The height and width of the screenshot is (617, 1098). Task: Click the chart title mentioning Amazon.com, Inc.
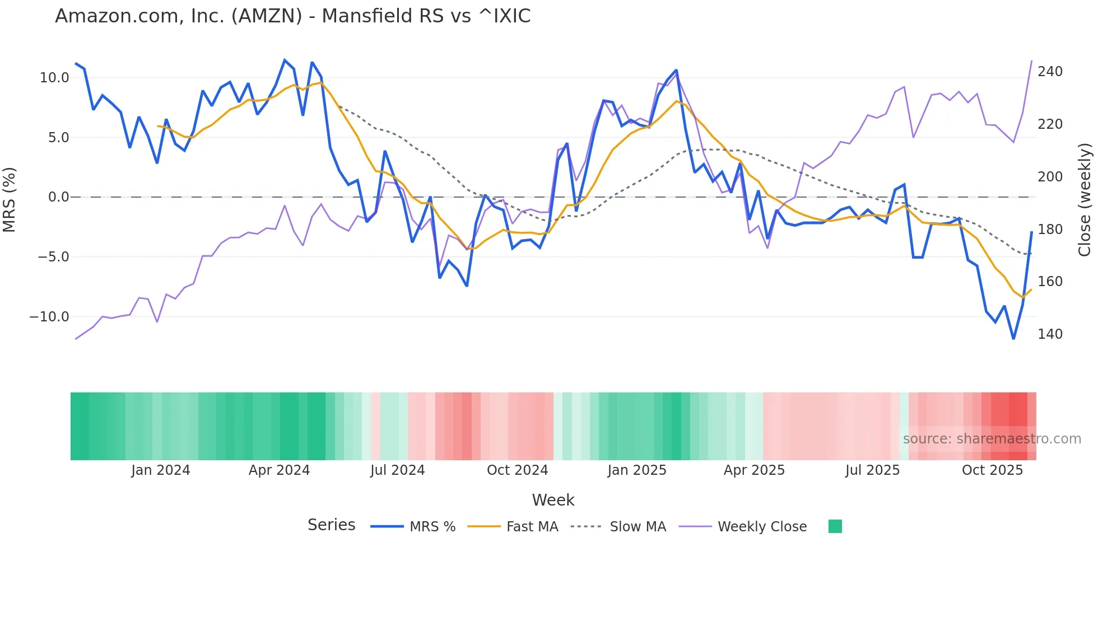(x=292, y=16)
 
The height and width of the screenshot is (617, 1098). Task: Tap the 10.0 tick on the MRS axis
(x=54, y=78)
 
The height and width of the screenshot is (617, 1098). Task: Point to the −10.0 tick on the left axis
(x=49, y=317)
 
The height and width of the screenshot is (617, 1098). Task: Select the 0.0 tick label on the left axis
(x=59, y=197)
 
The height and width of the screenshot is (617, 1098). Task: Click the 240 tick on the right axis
(x=1050, y=72)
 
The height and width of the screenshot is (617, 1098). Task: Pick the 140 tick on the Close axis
(x=1050, y=334)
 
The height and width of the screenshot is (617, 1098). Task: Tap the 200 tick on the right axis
(x=1050, y=177)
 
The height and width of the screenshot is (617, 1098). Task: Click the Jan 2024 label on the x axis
(x=161, y=470)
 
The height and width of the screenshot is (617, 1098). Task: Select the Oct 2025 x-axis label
(x=992, y=470)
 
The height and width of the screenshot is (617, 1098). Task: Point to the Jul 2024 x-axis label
(x=397, y=470)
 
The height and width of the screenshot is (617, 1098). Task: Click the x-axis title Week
(x=553, y=500)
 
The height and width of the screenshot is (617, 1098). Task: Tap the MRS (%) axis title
(x=9, y=200)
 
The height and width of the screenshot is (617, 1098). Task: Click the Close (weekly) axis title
(x=1085, y=200)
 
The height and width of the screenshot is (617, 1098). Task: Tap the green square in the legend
(x=835, y=526)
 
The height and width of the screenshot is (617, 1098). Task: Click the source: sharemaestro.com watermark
(x=992, y=439)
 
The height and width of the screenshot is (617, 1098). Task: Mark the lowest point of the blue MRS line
(x=1013, y=339)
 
